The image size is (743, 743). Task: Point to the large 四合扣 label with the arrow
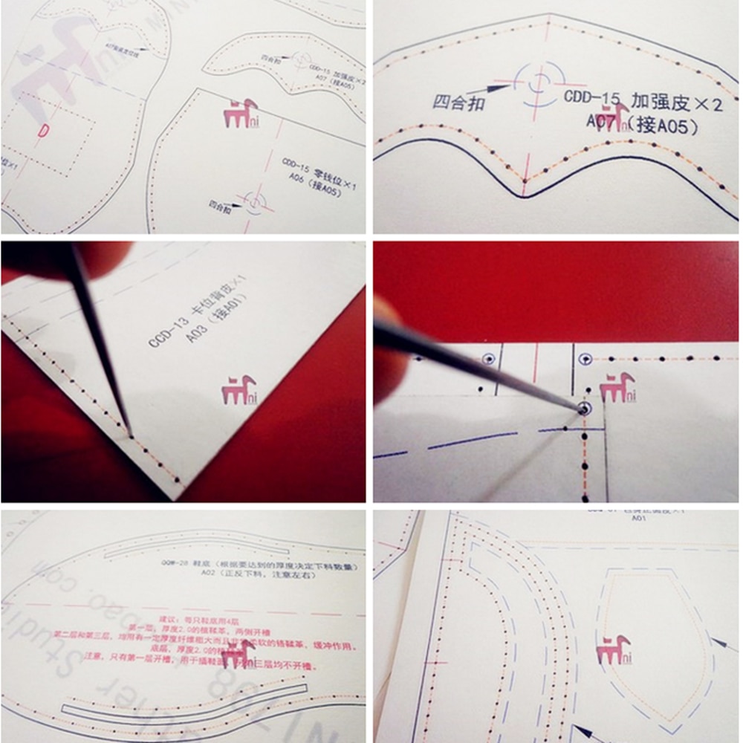(459, 101)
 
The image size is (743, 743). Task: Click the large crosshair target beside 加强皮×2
(536, 83)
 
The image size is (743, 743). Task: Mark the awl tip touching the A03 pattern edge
(131, 437)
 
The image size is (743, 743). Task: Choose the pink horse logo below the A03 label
(239, 389)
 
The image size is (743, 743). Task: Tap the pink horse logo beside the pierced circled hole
(617, 387)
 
